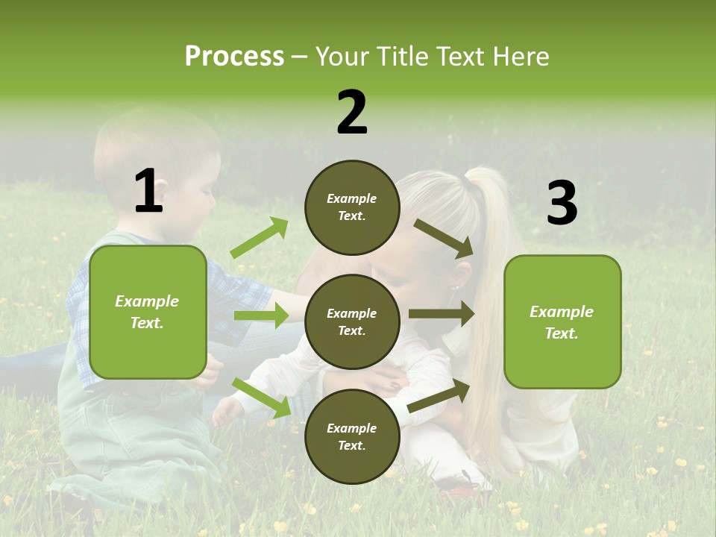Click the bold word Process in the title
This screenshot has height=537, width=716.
tap(234, 56)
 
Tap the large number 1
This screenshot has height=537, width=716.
tap(148, 192)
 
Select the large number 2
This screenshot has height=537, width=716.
tap(352, 113)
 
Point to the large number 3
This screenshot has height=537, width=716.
tap(562, 204)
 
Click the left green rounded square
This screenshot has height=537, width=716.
tap(148, 312)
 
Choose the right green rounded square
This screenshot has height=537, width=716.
tap(562, 321)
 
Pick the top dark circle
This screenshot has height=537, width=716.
tap(352, 207)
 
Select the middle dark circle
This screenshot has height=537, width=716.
tap(352, 321)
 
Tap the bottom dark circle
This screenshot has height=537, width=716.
tap(352, 436)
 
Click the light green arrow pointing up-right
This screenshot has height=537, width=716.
tap(260, 238)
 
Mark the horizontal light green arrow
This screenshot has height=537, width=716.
tap(260, 315)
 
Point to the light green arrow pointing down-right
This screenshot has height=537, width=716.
tap(261, 398)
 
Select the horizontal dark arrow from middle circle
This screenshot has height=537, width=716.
tap(441, 314)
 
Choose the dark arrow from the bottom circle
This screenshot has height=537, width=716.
tap(439, 396)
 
